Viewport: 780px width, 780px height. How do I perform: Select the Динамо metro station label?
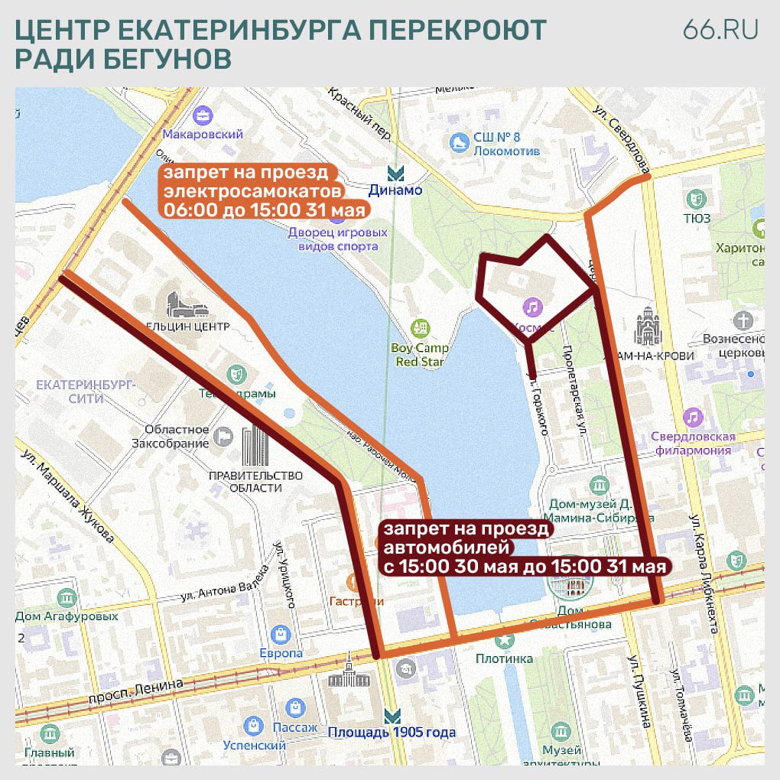click(x=395, y=190)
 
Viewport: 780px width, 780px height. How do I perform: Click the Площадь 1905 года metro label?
click(x=392, y=733)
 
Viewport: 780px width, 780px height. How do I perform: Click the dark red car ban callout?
click(x=524, y=548)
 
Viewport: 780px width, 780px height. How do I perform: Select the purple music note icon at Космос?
click(x=531, y=307)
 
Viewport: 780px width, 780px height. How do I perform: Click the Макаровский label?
click(x=203, y=134)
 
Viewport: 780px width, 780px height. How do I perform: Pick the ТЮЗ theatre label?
click(x=697, y=218)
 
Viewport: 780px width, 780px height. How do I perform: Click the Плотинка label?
click(x=504, y=658)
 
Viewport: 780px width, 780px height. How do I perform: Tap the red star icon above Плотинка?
click(x=504, y=640)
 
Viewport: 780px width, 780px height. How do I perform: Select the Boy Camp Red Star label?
click(x=420, y=355)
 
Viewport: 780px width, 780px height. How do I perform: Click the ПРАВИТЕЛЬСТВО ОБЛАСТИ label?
click(x=255, y=482)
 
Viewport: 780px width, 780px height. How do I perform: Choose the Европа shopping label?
click(x=281, y=653)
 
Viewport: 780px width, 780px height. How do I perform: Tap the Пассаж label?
click(x=295, y=727)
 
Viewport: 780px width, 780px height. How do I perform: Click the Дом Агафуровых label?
click(x=67, y=616)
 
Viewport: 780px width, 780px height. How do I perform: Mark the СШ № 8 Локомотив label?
click(x=506, y=144)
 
